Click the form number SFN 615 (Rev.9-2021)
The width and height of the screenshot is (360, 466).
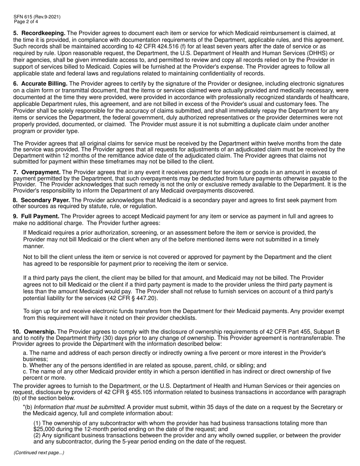point(36,17)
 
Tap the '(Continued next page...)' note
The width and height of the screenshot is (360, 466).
point(39,453)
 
